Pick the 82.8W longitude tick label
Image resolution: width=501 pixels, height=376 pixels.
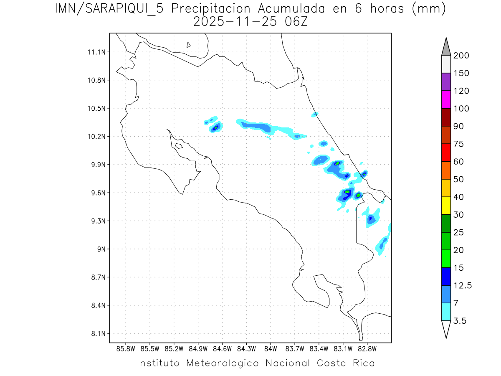point(367,349)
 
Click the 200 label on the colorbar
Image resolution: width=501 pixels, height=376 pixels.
point(461,56)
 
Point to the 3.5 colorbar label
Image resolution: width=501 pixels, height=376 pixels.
point(460,321)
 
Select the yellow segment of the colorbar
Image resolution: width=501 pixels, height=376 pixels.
point(446,206)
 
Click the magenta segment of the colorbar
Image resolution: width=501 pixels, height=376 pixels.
point(446,99)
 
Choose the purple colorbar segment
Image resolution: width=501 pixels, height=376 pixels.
point(446,82)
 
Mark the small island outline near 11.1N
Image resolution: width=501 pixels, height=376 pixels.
point(189,45)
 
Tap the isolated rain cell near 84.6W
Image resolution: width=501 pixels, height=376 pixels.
point(215,127)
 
